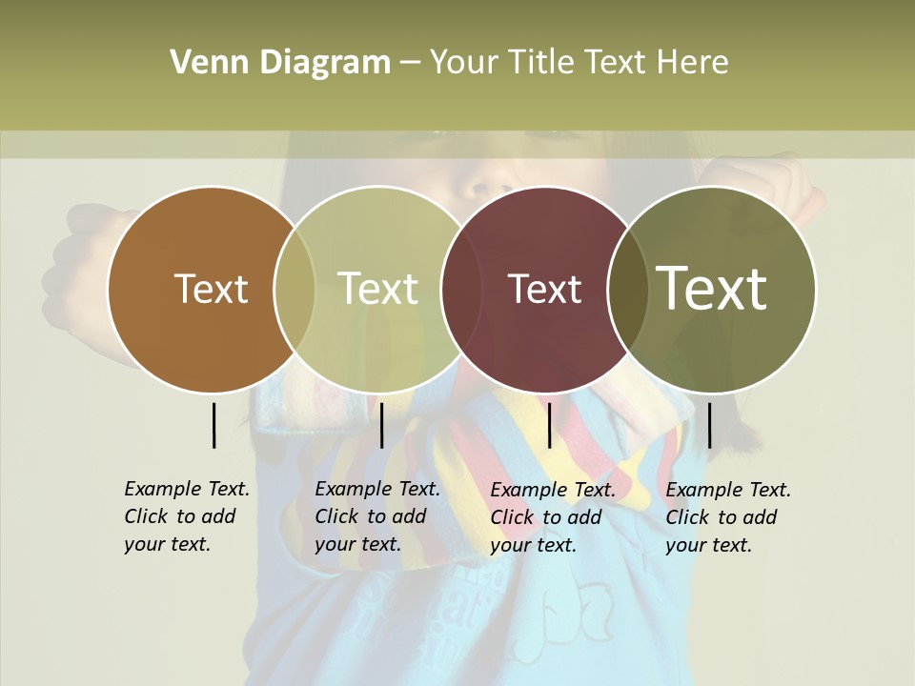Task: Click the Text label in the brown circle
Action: tap(211, 289)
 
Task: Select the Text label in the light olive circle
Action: tap(377, 289)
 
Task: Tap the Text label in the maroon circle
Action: tap(544, 289)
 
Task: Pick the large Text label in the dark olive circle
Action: tap(712, 289)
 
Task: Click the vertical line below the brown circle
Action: tap(213, 425)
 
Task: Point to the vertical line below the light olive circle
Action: tap(381, 425)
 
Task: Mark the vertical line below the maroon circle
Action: tap(549, 425)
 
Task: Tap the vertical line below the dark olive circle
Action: tap(709, 425)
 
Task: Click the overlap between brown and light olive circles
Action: tap(295, 289)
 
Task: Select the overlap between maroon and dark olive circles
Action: tap(628, 289)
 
